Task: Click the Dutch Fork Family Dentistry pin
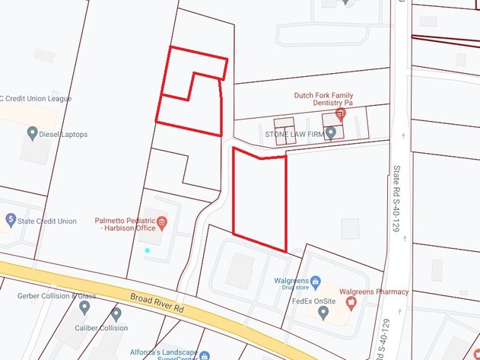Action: coord(340,113)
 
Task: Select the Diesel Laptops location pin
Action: coord(33,134)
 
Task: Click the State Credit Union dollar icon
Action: coord(10,220)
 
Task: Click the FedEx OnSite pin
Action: coord(323,311)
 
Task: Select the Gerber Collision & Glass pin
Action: coord(84,307)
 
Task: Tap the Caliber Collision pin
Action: coord(116,314)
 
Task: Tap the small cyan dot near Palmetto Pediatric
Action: coord(148,250)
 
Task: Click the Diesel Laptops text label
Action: coord(65,135)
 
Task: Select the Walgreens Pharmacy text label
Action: coord(374,292)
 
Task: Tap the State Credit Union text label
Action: coord(47,221)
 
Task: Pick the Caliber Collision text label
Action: coord(103,328)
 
